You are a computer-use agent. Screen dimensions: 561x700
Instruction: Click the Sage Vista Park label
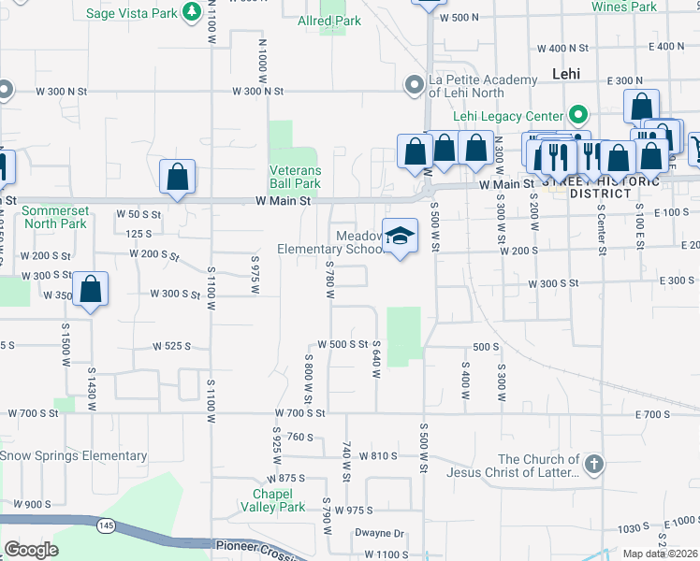click(130, 13)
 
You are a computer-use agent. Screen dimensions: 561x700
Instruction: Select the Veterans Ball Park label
click(296, 177)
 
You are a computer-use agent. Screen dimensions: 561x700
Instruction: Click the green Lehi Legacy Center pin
click(579, 117)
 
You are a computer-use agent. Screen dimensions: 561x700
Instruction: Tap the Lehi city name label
click(566, 73)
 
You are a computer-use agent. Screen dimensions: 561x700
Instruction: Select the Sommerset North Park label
click(54, 217)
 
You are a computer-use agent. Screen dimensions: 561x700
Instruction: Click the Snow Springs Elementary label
click(73, 456)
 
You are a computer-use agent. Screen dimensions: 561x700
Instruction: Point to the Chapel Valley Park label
click(279, 500)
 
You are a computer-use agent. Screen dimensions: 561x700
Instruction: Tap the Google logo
click(30, 550)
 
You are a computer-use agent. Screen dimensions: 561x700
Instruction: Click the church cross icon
click(593, 465)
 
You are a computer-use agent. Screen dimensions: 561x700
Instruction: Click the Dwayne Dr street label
click(379, 534)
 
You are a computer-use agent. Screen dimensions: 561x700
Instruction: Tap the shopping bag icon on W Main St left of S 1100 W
click(177, 177)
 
